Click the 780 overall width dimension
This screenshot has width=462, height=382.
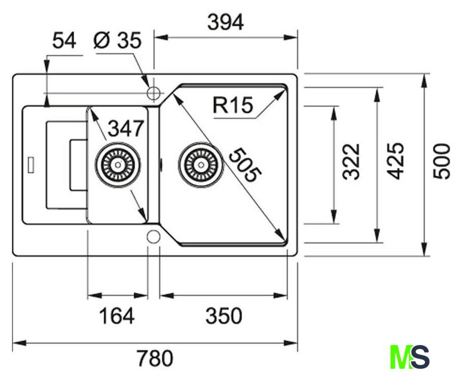(x=154, y=359)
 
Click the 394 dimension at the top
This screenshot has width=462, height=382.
(x=225, y=23)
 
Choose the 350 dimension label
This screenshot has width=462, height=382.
(x=224, y=316)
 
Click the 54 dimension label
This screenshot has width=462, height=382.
(x=65, y=41)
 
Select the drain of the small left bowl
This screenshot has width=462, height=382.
(x=118, y=162)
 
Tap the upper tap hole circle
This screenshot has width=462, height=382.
(x=154, y=93)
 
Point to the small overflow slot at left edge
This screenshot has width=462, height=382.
(x=30, y=163)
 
